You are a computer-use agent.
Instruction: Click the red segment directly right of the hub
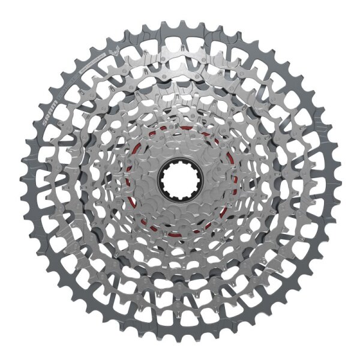pos(231,180)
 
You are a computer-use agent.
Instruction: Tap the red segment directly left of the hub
pos(128,180)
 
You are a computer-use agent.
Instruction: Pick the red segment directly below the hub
pos(180,232)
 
